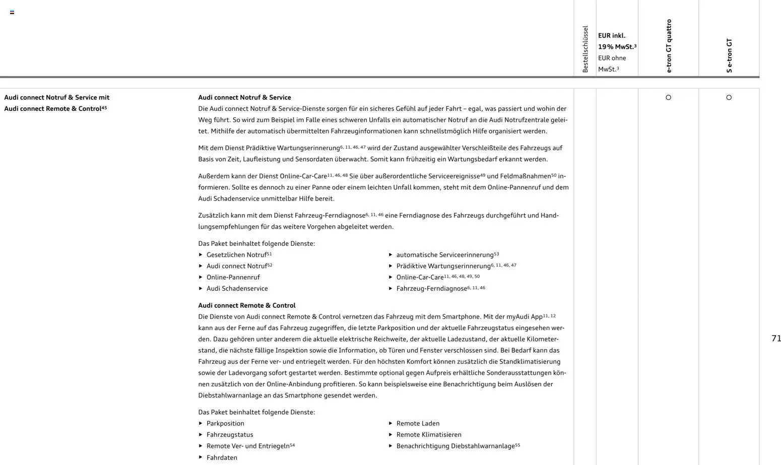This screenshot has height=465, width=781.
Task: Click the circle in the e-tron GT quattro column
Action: (668, 98)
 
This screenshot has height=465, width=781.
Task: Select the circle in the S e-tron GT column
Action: (729, 98)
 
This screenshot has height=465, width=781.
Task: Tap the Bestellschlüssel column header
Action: (585, 49)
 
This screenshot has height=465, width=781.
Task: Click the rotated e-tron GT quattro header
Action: (669, 46)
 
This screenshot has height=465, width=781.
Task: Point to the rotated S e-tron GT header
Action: (729, 55)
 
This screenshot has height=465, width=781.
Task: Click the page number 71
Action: (776, 339)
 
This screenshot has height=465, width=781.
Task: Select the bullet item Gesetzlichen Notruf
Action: (236, 255)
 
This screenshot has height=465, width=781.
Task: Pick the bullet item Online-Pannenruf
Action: (233, 278)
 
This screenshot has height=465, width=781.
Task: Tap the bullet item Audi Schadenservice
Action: (237, 289)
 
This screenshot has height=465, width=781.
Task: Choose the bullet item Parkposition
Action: (225, 424)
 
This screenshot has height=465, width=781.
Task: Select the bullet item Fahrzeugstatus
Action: (230, 435)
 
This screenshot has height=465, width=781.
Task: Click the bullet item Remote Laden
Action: (418, 424)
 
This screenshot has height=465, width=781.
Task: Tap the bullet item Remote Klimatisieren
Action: (428, 435)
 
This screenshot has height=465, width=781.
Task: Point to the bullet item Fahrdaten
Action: (222, 458)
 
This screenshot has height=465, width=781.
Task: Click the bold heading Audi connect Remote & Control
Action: (247, 306)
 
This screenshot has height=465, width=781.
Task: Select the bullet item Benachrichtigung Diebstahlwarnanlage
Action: (455, 446)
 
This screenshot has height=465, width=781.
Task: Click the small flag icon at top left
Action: (12, 12)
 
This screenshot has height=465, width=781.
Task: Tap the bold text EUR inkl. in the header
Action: (612, 36)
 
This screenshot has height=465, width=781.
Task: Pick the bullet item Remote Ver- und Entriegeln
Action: (248, 446)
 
